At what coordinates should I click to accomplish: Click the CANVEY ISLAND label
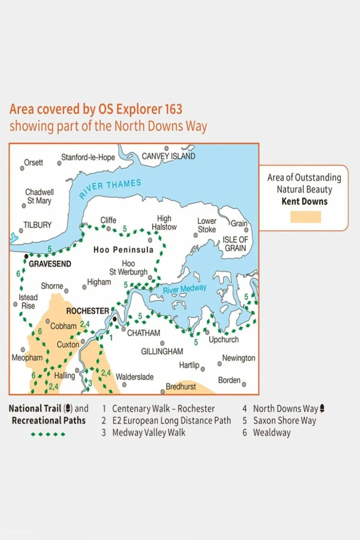pyautogui.click(x=168, y=156)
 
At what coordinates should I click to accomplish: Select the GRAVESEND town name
pyautogui.click(x=50, y=264)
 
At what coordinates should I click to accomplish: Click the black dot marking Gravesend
pyautogui.click(x=26, y=256)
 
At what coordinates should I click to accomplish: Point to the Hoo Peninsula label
pyautogui.click(x=123, y=250)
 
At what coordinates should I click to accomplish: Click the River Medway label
pyautogui.click(x=184, y=289)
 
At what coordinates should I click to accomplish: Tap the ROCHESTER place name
pyautogui.click(x=87, y=311)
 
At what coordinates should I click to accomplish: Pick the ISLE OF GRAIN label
pyautogui.click(x=235, y=244)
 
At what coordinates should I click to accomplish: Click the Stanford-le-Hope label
pyautogui.click(x=88, y=158)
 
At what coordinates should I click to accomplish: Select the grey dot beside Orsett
pyautogui.click(x=22, y=168)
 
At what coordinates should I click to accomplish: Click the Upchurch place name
pyautogui.click(x=223, y=340)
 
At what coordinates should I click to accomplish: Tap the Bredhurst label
pyautogui.click(x=181, y=387)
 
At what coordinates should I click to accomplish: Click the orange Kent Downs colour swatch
pyautogui.click(x=305, y=217)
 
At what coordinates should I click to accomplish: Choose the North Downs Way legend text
pyautogui.click(x=285, y=409)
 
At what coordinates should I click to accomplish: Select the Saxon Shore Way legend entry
pyautogui.click(x=284, y=421)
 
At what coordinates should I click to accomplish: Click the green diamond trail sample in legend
pyautogui.click(x=48, y=434)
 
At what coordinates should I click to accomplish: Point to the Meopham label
pyautogui.click(x=27, y=358)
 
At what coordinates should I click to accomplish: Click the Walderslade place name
pyautogui.click(x=134, y=377)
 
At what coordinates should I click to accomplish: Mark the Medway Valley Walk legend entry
pyautogui.click(x=149, y=433)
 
